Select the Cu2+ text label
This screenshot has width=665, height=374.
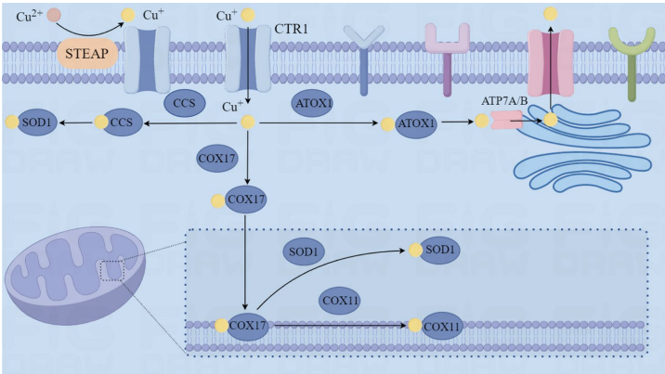click(x=31, y=16)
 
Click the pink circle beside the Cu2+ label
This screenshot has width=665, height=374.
click(x=55, y=15)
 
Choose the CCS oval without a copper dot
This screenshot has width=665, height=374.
click(x=184, y=103)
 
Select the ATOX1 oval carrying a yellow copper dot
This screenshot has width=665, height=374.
click(x=416, y=123)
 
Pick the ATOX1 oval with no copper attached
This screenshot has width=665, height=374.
click(x=312, y=103)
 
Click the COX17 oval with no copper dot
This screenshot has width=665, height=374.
click(x=220, y=158)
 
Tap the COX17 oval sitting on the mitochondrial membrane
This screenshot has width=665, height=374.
click(x=248, y=326)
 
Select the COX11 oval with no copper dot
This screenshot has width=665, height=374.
click(x=341, y=300)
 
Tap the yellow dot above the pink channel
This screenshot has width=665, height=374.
click(x=552, y=14)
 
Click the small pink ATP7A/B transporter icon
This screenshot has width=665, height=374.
click(x=507, y=120)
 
